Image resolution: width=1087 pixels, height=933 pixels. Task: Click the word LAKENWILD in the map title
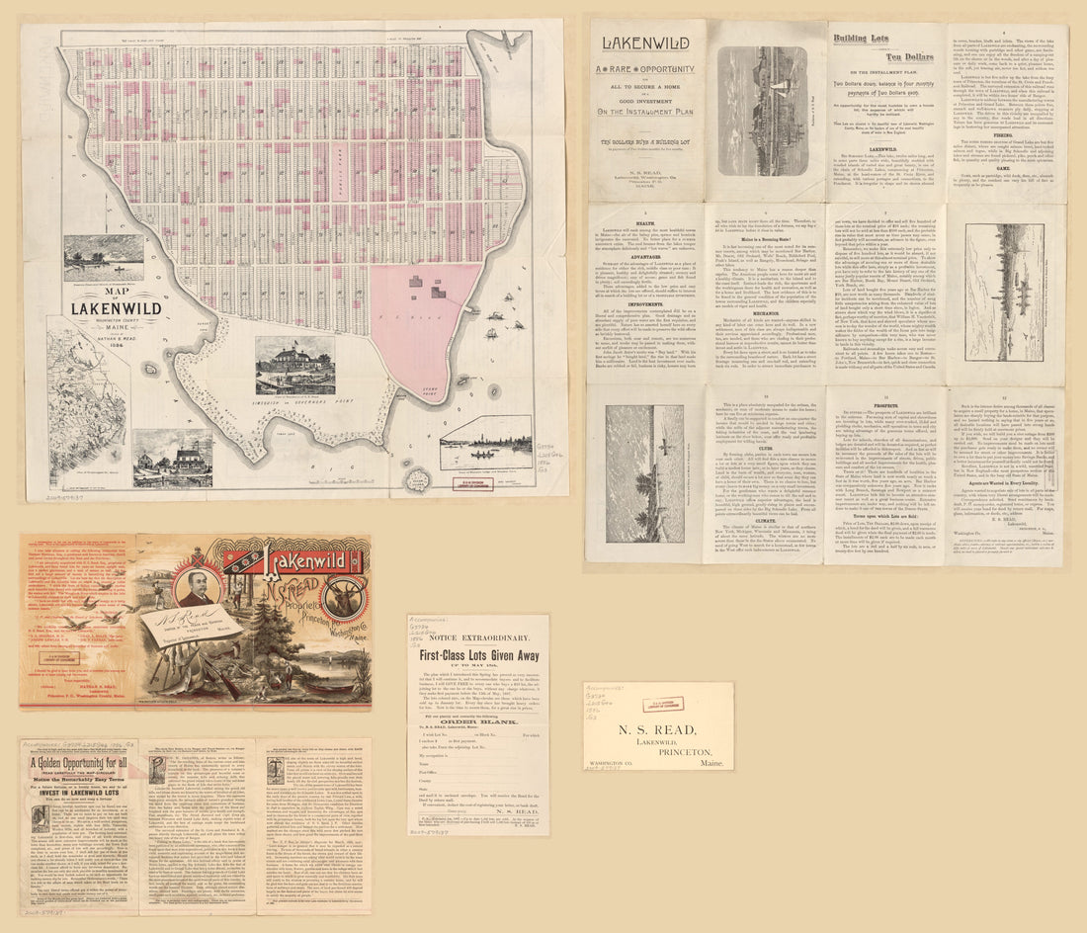(116, 308)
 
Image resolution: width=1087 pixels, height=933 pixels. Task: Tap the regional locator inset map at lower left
(87, 412)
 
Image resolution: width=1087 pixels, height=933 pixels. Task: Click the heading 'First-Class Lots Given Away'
(479, 655)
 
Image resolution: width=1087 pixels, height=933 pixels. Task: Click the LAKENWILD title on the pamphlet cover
(647, 44)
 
